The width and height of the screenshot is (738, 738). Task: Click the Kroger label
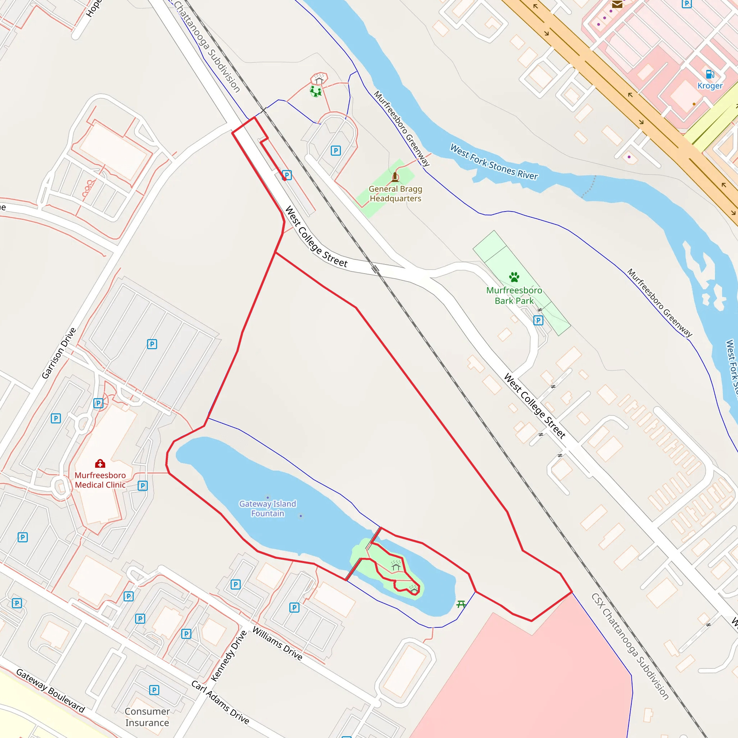(710, 85)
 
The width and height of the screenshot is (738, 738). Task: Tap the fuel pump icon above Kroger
(710, 74)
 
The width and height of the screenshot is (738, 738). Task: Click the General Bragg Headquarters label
(395, 194)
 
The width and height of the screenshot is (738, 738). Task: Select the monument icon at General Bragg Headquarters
(395, 177)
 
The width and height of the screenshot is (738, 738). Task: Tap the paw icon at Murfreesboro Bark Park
(514, 277)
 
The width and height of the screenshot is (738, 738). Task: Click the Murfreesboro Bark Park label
(514, 295)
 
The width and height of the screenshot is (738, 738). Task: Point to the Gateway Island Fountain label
(268, 508)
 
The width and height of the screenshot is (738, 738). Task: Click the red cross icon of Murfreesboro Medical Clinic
(100, 464)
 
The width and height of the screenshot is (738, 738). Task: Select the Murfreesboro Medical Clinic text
(100, 480)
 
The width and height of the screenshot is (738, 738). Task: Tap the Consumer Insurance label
(147, 717)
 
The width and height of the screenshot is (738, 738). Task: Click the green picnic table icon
(461, 604)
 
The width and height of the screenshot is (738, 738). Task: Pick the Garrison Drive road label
(59, 354)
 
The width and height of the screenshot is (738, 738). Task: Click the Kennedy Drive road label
(229, 656)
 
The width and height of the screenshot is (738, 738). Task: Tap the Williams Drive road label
(277, 644)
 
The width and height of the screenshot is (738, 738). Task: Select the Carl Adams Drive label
(221, 702)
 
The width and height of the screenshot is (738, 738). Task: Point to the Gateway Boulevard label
(50, 691)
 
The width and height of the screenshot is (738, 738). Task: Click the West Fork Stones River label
(494, 162)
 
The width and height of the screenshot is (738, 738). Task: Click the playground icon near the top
(316, 92)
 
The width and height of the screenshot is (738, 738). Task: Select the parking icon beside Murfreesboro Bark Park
(538, 320)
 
